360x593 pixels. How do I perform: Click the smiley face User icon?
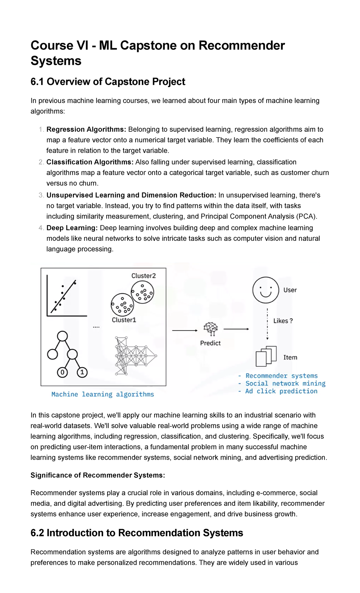pyautogui.click(x=266, y=290)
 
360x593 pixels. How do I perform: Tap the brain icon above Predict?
pyautogui.click(x=211, y=329)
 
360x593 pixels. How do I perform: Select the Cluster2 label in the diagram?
pyautogui.click(x=143, y=275)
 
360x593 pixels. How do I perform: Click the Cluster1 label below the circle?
pyautogui.click(x=124, y=320)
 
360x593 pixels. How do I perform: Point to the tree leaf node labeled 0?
pyautogui.click(x=62, y=372)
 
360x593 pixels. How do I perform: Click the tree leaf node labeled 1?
pyautogui.click(x=82, y=372)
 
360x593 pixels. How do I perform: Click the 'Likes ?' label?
pyautogui.click(x=283, y=321)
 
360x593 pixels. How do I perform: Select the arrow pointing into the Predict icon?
pyautogui.click(x=184, y=330)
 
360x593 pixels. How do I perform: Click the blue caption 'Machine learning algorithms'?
pyautogui.click(x=103, y=394)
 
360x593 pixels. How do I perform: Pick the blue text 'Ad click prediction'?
pyautogui.click(x=281, y=391)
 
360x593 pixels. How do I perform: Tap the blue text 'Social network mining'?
pyautogui.click(x=285, y=383)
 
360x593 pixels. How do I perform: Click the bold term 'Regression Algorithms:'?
pyautogui.click(x=86, y=129)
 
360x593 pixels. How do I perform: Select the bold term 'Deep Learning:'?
pyautogui.click(x=72, y=228)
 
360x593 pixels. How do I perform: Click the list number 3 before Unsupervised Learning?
pyautogui.click(x=41, y=195)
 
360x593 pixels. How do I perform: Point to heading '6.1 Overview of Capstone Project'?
pyautogui.click(x=108, y=82)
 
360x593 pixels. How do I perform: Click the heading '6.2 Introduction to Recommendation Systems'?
pyautogui.click(x=137, y=533)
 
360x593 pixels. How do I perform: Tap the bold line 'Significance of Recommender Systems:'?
pyautogui.click(x=98, y=475)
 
